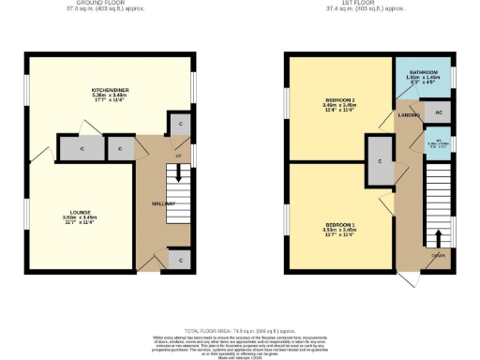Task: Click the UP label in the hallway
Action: coord(178,156)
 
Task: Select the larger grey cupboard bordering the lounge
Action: coord(82,148)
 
